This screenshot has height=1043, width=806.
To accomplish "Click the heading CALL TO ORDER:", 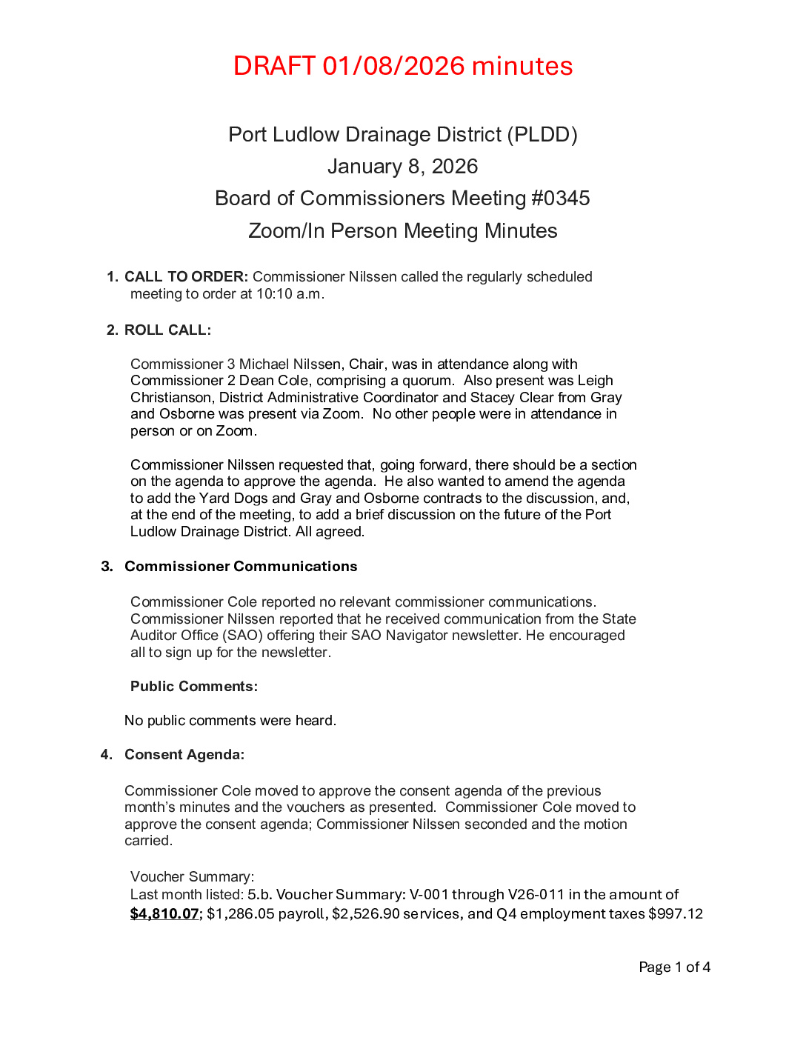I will [186, 277].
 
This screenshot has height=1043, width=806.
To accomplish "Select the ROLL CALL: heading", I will [167, 330].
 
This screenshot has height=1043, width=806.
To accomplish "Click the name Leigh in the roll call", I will [595, 381].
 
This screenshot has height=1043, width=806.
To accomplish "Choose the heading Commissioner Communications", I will [241, 567].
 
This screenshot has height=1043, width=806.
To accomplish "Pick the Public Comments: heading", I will [194, 687].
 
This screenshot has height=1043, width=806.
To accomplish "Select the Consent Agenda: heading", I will [184, 755].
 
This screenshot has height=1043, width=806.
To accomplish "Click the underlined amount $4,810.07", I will [164, 914].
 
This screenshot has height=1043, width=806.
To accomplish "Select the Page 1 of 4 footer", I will [674, 967].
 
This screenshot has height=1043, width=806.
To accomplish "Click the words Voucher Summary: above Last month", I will [192, 877].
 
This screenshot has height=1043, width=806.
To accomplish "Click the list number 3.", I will [107, 567].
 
